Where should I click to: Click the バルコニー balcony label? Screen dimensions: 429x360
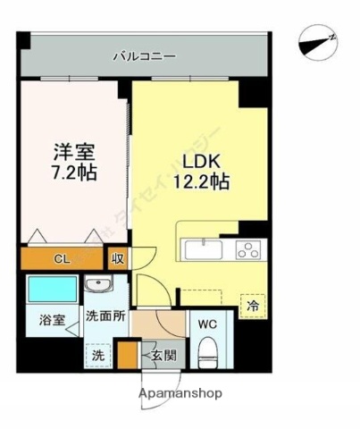click(144, 56)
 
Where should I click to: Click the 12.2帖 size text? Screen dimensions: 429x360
click(202, 182)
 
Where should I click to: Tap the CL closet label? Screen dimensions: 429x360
click(62, 259)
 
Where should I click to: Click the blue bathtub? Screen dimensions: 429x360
click(51, 289)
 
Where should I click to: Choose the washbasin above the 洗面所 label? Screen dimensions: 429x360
click(98, 286)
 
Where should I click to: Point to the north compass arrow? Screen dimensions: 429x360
click(318, 40)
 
